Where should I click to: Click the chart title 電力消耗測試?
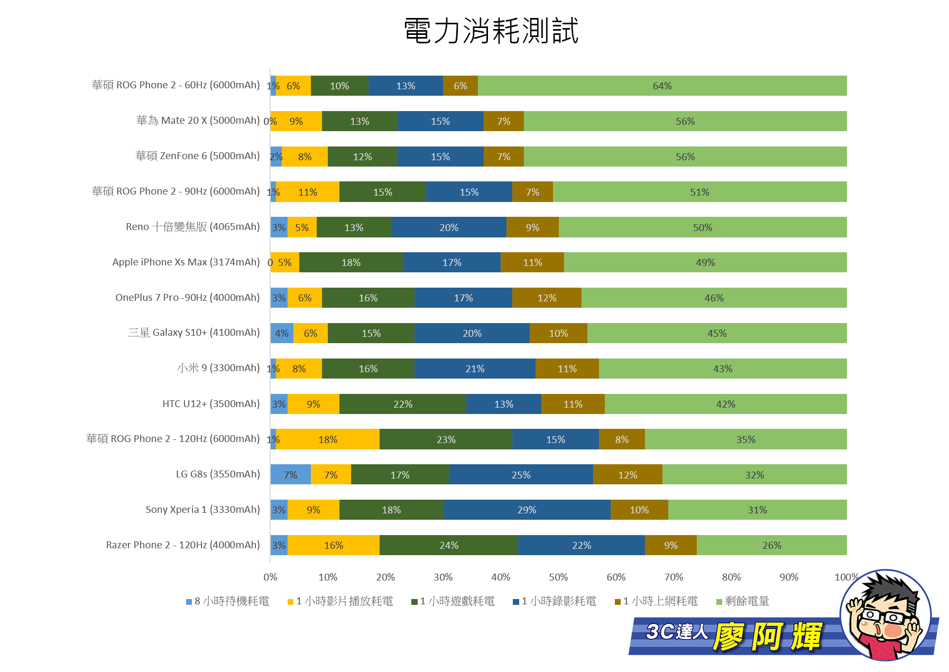491,31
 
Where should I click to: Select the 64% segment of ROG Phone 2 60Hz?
662,86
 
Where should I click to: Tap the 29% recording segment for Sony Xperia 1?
527,510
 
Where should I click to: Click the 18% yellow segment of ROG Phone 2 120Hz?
328,439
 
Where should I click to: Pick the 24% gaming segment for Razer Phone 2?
449,545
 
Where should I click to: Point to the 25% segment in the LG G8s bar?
521,475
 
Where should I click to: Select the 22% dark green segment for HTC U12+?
403,404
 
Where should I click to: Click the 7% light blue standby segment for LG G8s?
290,475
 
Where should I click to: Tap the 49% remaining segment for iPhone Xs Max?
705,262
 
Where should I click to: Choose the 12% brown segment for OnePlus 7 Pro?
547,298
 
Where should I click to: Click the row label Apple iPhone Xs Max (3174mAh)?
186,262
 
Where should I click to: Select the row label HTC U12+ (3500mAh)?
211,404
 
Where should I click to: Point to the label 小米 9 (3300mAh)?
218,368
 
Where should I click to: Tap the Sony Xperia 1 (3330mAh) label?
202,510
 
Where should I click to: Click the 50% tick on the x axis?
558,577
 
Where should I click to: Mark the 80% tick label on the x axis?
731,577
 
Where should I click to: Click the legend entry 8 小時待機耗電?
228,601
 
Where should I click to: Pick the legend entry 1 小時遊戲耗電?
453,601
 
